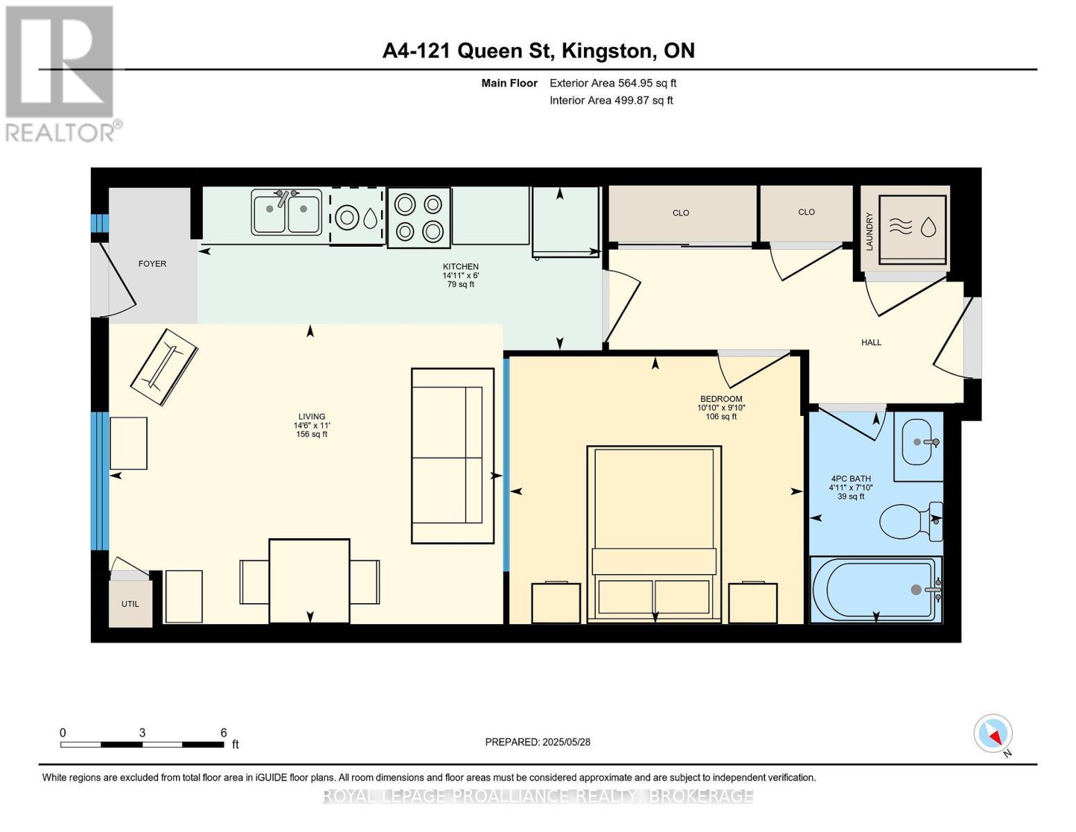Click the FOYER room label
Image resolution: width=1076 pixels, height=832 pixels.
tap(152, 263)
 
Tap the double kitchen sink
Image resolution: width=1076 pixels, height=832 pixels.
tap(286, 212)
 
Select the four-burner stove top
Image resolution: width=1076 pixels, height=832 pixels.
tap(419, 218)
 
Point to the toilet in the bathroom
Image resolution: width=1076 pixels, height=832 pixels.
tap(911, 522)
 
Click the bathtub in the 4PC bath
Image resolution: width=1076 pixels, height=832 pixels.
tap(876, 590)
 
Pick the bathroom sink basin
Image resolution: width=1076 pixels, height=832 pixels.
tap(919, 442)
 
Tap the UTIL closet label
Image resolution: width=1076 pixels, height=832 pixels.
tap(130, 604)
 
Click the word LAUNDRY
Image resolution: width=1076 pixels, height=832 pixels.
tap(870, 232)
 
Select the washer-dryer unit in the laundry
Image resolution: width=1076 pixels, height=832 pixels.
tap(912, 229)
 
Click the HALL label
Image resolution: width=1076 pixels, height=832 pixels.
tap(871, 343)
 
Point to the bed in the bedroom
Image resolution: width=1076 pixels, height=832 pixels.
tap(653, 534)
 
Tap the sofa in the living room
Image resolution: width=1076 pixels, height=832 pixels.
tap(452, 456)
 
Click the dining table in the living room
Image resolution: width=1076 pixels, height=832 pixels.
tap(310, 581)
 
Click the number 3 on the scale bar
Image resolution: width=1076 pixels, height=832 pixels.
tap(142, 732)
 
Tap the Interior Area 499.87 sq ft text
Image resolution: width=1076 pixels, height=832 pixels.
tap(611, 100)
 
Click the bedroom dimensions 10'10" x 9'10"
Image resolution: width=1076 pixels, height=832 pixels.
tap(721, 408)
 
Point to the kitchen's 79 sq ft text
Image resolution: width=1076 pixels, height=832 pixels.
tap(461, 284)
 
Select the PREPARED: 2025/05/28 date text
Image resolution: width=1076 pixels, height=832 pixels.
tap(538, 742)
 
